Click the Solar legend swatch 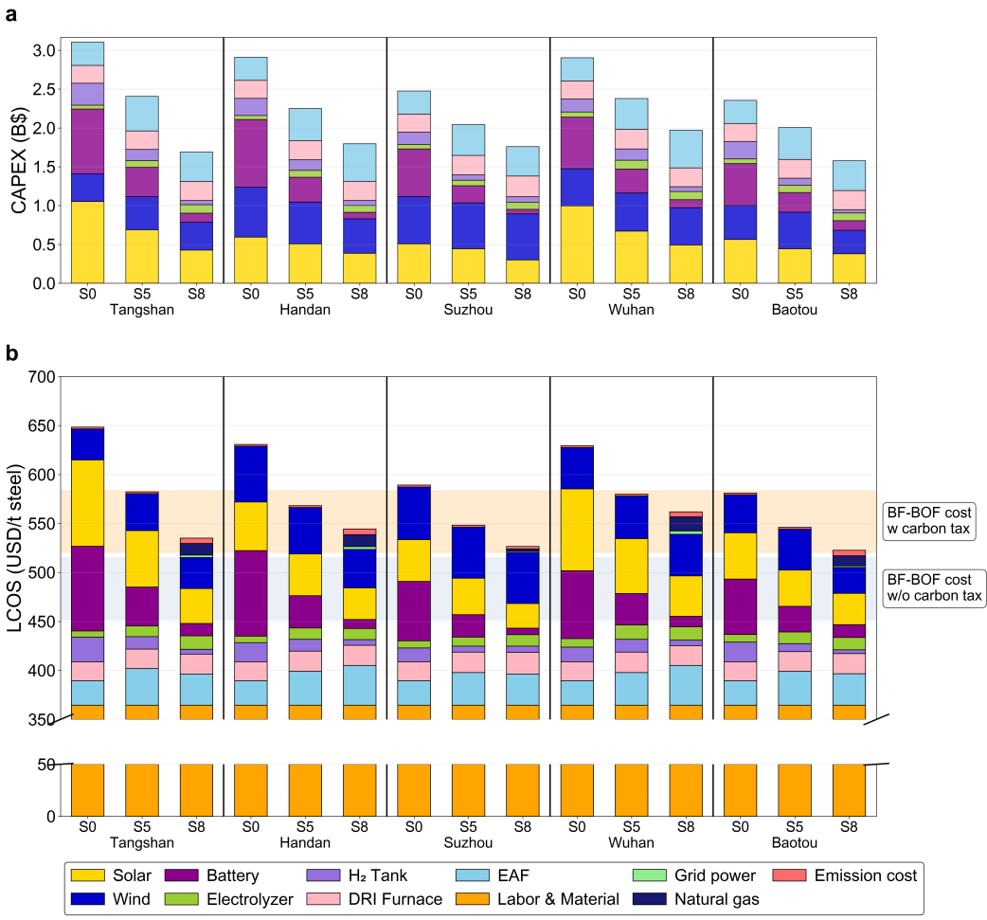87,875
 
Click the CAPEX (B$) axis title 19,161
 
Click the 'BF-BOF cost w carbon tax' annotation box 927,519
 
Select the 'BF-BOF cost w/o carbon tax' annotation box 933,588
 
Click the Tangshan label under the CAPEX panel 142,310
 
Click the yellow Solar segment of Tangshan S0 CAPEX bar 88,243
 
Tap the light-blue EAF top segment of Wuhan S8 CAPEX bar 686,149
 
